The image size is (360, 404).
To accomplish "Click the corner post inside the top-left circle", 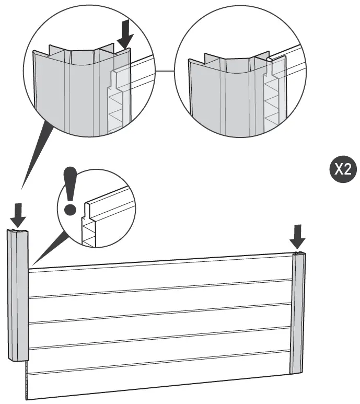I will pyautogui.click(x=73, y=89).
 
